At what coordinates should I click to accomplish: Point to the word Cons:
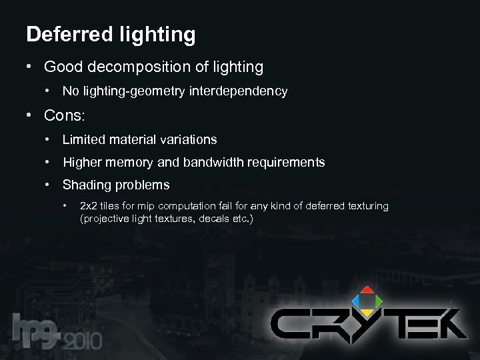65,115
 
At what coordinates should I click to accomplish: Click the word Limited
82,139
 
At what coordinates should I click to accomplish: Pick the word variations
188,139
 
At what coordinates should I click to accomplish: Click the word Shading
85,185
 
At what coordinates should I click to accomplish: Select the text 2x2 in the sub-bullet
87,206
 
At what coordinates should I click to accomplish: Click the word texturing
366,206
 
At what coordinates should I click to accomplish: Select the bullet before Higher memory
48,162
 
